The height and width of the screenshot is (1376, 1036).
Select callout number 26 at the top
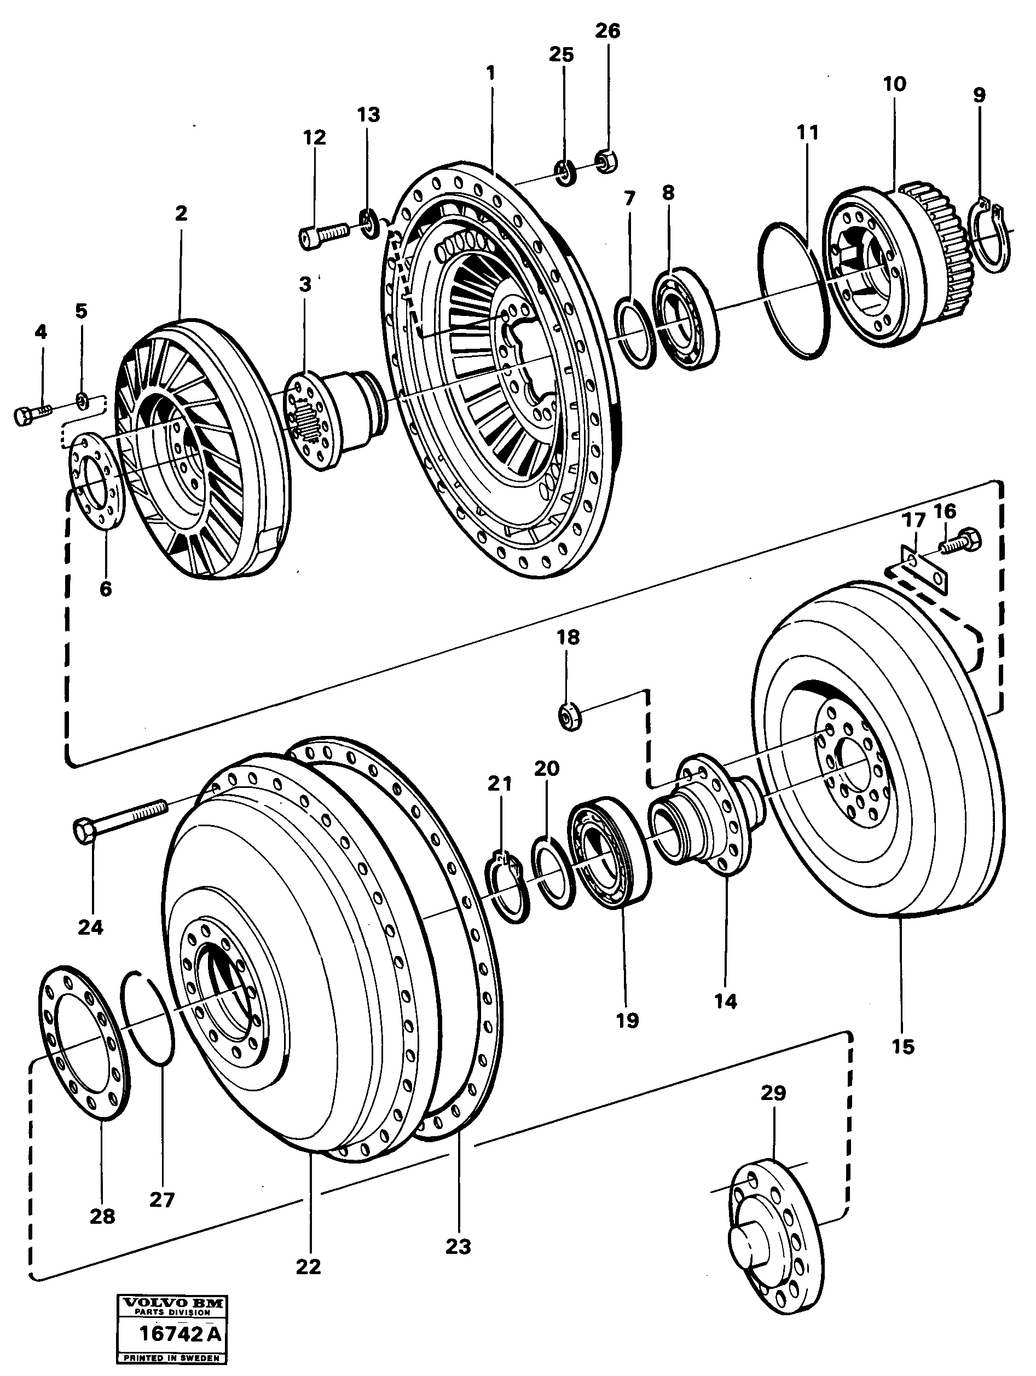607,31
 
